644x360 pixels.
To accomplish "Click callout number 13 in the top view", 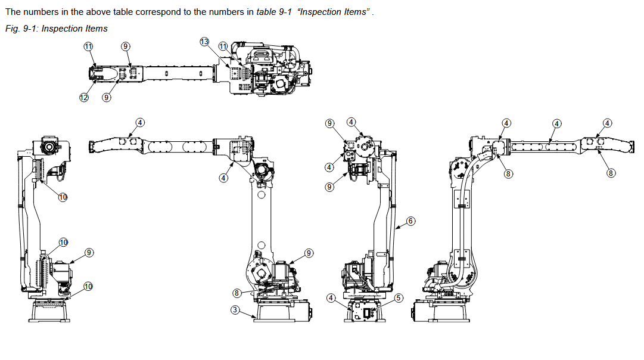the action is (204, 42).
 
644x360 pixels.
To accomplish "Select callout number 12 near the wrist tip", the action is (84, 97).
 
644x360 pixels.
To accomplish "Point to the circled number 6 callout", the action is (410, 221).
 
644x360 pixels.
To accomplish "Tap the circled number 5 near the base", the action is (399, 298).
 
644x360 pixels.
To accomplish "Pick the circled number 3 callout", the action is (235, 309).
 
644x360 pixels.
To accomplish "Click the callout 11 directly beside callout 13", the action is (223, 46).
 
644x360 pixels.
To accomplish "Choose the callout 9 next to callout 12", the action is (107, 97).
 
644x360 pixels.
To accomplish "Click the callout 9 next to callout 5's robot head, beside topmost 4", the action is (329, 123).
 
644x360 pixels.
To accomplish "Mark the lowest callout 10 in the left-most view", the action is (88, 287).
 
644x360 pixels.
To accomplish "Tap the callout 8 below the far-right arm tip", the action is (611, 173).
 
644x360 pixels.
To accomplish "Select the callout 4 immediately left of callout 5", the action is (331, 298).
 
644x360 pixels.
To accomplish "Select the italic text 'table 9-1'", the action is (274, 12).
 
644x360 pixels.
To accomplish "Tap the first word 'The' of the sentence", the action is (13, 12).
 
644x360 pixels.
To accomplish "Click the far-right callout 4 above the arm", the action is (607, 123).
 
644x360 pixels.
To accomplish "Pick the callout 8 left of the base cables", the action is (237, 293).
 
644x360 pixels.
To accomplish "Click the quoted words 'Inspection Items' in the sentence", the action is (333, 12).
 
